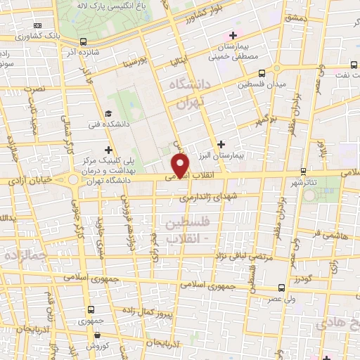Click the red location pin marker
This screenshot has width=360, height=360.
(181, 166)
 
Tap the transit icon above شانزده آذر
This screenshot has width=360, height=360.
(84, 41)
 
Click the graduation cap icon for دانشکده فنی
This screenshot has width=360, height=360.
(108, 114)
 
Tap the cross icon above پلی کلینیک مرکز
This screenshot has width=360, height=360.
(108, 149)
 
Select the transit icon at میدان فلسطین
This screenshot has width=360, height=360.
(262, 72)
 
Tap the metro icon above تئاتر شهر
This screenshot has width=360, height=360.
(303, 171)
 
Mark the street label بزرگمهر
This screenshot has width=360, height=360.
(263, 121)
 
